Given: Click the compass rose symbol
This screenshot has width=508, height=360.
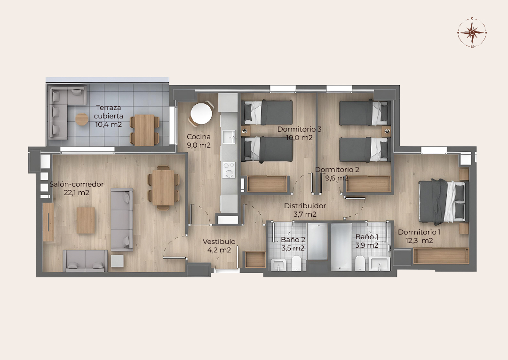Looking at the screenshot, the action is (x=472, y=32).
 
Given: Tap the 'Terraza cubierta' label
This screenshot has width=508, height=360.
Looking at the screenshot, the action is (x=109, y=112).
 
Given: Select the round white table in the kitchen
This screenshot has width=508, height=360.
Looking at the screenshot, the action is (x=201, y=113).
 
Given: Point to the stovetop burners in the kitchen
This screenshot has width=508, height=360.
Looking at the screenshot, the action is (x=229, y=170).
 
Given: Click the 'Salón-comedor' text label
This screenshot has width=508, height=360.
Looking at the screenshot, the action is (x=77, y=184).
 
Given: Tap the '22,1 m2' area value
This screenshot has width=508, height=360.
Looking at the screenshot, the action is (x=77, y=193).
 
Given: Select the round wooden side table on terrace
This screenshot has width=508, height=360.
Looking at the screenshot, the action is (x=82, y=119).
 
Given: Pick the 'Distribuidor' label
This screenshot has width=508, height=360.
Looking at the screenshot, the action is (x=305, y=205).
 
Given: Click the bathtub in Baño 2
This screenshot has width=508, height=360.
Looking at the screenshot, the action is (x=317, y=242).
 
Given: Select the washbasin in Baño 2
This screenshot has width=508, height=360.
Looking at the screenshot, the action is (x=278, y=265).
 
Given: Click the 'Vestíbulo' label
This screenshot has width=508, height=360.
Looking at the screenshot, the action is (x=219, y=242).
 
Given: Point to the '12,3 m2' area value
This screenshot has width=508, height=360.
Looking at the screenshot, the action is (x=419, y=241).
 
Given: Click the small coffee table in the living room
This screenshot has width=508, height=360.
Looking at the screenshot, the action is (x=86, y=220).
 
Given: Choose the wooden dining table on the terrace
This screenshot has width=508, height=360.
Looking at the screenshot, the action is (x=144, y=130).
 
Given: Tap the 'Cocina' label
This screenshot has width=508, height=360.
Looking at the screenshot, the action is (x=198, y=137).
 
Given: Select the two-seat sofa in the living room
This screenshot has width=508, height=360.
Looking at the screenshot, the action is (x=85, y=261).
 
